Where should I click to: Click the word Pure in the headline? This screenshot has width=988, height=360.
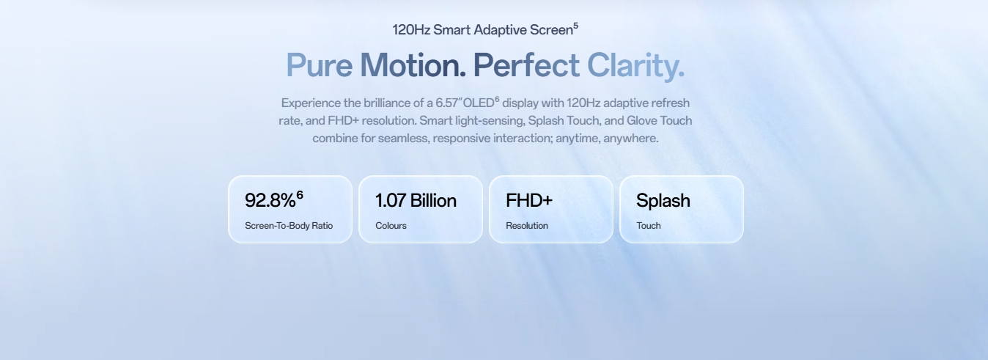click(320, 65)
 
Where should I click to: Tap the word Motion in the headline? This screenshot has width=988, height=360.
click(413, 65)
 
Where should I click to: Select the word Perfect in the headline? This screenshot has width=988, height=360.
click(526, 65)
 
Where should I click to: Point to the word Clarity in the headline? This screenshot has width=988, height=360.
click(635, 66)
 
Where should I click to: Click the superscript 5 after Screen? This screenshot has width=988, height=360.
click(575, 26)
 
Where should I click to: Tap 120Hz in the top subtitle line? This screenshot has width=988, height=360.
click(411, 30)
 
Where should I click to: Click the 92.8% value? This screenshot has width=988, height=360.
click(270, 200)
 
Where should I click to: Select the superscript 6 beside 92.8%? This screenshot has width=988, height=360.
click(300, 194)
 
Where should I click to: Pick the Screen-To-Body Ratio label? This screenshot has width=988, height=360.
click(289, 225)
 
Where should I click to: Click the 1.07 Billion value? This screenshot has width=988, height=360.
click(416, 200)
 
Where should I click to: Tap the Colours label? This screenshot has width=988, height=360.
click(391, 225)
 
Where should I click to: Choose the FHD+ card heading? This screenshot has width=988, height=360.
click(529, 200)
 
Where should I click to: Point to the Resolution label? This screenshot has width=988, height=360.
click(527, 225)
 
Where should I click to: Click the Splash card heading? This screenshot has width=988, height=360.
click(663, 201)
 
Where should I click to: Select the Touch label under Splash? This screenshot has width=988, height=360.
click(649, 225)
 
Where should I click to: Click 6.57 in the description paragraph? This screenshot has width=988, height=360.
click(447, 103)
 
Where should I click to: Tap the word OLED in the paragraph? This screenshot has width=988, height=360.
click(479, 103)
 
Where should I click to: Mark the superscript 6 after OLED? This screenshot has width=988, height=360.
click(497, 100)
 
